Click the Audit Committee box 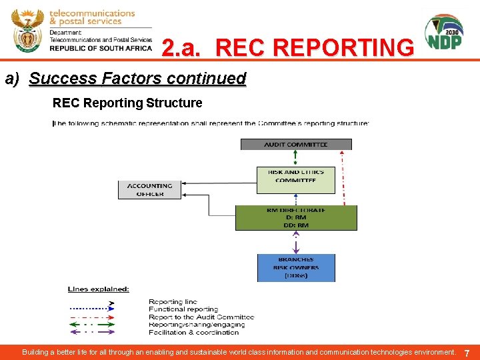coord(295,144)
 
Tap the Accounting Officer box coord(150,190)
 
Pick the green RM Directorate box coord(296,218)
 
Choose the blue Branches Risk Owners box coord(296,267)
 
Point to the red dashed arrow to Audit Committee coord(343,177)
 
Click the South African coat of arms coord(27,31)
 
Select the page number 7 coord(467,353)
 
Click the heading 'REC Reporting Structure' coord(127,103)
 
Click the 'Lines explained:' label coord(99,289)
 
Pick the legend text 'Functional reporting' coord(183,309)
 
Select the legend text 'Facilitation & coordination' coord(193,332)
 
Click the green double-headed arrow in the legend coord(92,325)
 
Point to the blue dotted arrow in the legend coord(92,309)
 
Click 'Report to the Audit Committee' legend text coord(201,317)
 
